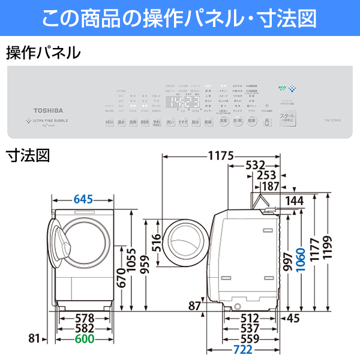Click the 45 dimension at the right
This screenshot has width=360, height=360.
pos(293,319)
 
